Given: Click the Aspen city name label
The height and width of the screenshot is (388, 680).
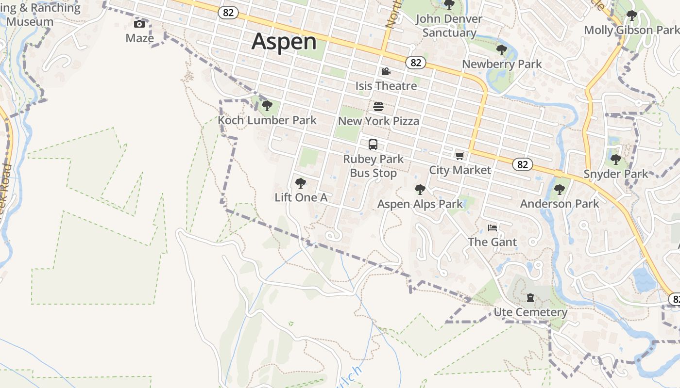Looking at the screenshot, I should tap(284, 41).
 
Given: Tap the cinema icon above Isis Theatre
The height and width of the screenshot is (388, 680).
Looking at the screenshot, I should tap(386, 72).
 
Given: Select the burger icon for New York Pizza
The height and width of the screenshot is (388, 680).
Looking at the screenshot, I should tap(378, 107).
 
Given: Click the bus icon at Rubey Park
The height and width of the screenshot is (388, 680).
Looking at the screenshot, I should tap(373, 145).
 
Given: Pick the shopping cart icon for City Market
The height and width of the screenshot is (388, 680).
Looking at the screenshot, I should tap(459, 156).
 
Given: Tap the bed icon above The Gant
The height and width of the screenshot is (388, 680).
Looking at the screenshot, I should tap(493, 227).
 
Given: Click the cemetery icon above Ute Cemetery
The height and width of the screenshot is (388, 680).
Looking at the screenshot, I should tap(530, 298).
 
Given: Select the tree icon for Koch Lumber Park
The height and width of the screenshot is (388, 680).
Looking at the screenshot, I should tap(267, 106).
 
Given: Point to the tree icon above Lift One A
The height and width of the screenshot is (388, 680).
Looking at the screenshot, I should tap(301, 183).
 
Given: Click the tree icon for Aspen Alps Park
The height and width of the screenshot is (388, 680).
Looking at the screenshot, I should tap(420, 190).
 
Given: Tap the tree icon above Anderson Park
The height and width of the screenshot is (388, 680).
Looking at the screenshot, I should tap(560, 190).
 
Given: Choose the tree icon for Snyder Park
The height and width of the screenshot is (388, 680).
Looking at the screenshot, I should tap(616, 160).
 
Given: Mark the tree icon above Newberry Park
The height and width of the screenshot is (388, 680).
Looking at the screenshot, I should tap(502, 49).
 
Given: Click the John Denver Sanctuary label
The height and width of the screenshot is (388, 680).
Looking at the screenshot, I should tap(449, 26).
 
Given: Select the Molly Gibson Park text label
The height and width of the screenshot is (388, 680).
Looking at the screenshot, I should tap(631, 30).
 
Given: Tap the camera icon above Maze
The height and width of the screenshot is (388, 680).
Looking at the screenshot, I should tap(139, 24).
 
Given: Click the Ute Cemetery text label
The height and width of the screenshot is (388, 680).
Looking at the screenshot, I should tap(530, 312).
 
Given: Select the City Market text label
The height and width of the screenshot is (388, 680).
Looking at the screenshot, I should tap(460, 170).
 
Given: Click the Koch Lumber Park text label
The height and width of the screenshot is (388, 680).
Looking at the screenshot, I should tap(267, 120).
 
